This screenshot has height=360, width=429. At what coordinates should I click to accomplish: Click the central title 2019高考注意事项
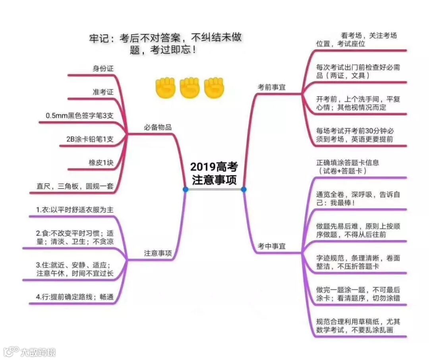[214, 173]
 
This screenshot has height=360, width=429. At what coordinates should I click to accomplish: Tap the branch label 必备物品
[158, 128]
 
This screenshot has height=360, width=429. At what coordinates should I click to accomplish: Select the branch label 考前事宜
[272, 87]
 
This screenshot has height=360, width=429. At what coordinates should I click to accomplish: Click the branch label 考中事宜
[272, 246]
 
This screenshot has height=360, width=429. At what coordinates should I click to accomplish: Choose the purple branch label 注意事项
[158, 253]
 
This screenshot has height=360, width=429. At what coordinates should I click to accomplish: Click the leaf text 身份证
[103, 68]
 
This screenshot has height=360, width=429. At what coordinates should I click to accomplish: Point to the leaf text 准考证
[103, 92]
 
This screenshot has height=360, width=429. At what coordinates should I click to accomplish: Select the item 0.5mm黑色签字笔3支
[79, 116]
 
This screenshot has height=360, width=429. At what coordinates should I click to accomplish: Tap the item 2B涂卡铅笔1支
[90, 139]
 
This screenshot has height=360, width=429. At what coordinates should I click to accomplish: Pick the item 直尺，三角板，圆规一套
[75, 186]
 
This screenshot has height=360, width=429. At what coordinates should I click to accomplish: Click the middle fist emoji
[190, 88]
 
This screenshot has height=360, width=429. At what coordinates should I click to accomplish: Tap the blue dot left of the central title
[186, 190]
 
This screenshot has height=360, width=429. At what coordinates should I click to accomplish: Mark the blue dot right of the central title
[243, 190]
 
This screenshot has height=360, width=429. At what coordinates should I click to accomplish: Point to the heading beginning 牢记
[165, 44]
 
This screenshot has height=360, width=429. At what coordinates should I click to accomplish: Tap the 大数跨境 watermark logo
[30, 352]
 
